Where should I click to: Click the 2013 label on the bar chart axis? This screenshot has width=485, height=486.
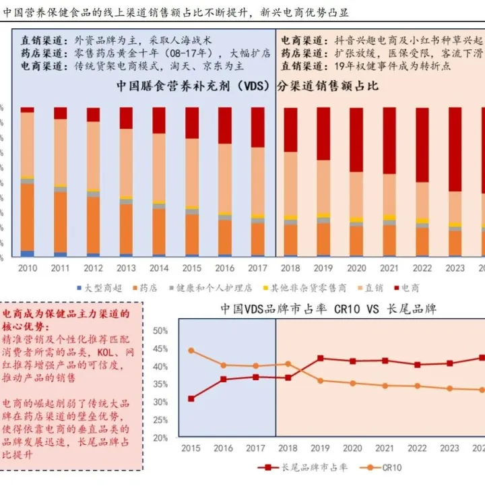(x=126, y=268)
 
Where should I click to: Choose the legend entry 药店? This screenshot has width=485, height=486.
(x=148, y=288)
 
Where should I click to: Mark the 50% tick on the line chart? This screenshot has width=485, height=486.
(x=160, y=331)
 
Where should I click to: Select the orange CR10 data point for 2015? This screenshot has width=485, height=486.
(x=191, y=351)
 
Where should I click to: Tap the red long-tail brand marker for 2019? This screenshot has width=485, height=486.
(x=320, y=359)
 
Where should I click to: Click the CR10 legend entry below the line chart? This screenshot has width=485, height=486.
(x=390, y=466)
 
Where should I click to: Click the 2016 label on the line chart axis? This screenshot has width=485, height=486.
(x=223, y=448)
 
